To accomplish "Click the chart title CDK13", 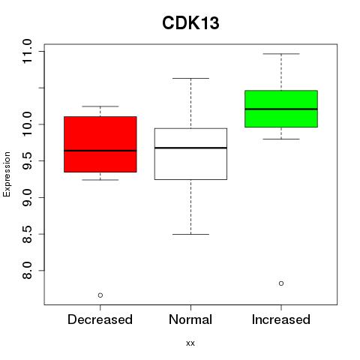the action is pos(190,23).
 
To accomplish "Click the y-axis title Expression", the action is pos(7,174).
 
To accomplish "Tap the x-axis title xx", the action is pos(190,343).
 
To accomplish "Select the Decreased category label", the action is pos(100,319).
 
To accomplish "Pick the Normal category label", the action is pos(190,319).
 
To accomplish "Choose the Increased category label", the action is pos(281,319).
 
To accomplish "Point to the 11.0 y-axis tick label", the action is pos(27,52).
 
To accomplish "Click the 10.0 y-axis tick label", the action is pos(27,124).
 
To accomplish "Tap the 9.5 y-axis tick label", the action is pos(27,161).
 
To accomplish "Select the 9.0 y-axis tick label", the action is pos(27,197).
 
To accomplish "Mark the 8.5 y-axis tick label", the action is pos(27,234).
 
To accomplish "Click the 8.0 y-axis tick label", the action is pos(27,271).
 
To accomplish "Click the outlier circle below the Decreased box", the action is pos(100,295).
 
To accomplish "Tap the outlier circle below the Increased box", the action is pos(281,283).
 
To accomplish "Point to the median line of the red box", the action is pos(100,151).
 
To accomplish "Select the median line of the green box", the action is pos(281,109).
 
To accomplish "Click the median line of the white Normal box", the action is pos(190,148).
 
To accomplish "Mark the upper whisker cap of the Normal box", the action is pos(190,78).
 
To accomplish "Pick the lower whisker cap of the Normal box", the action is pos(190,234).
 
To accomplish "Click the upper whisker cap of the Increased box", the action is pos(281,54).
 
